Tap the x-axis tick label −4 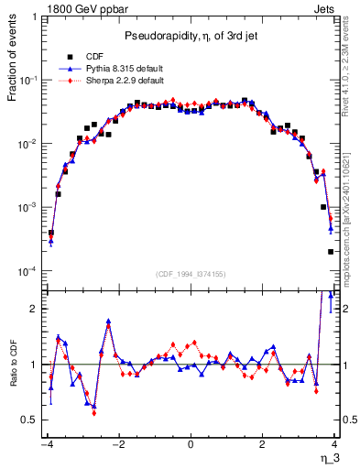[x=45, y=443]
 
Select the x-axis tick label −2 [x=117, y=443]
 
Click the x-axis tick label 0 [x=191, y=443]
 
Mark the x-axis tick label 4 [x=335, y=443]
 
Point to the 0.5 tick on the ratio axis [x=32, y=420]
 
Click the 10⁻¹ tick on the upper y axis [x=30, y=81]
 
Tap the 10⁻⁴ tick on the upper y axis [x=30, y=272]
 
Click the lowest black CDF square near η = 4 [x=330, y=252]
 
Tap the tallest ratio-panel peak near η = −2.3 [x=108, y=322]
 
